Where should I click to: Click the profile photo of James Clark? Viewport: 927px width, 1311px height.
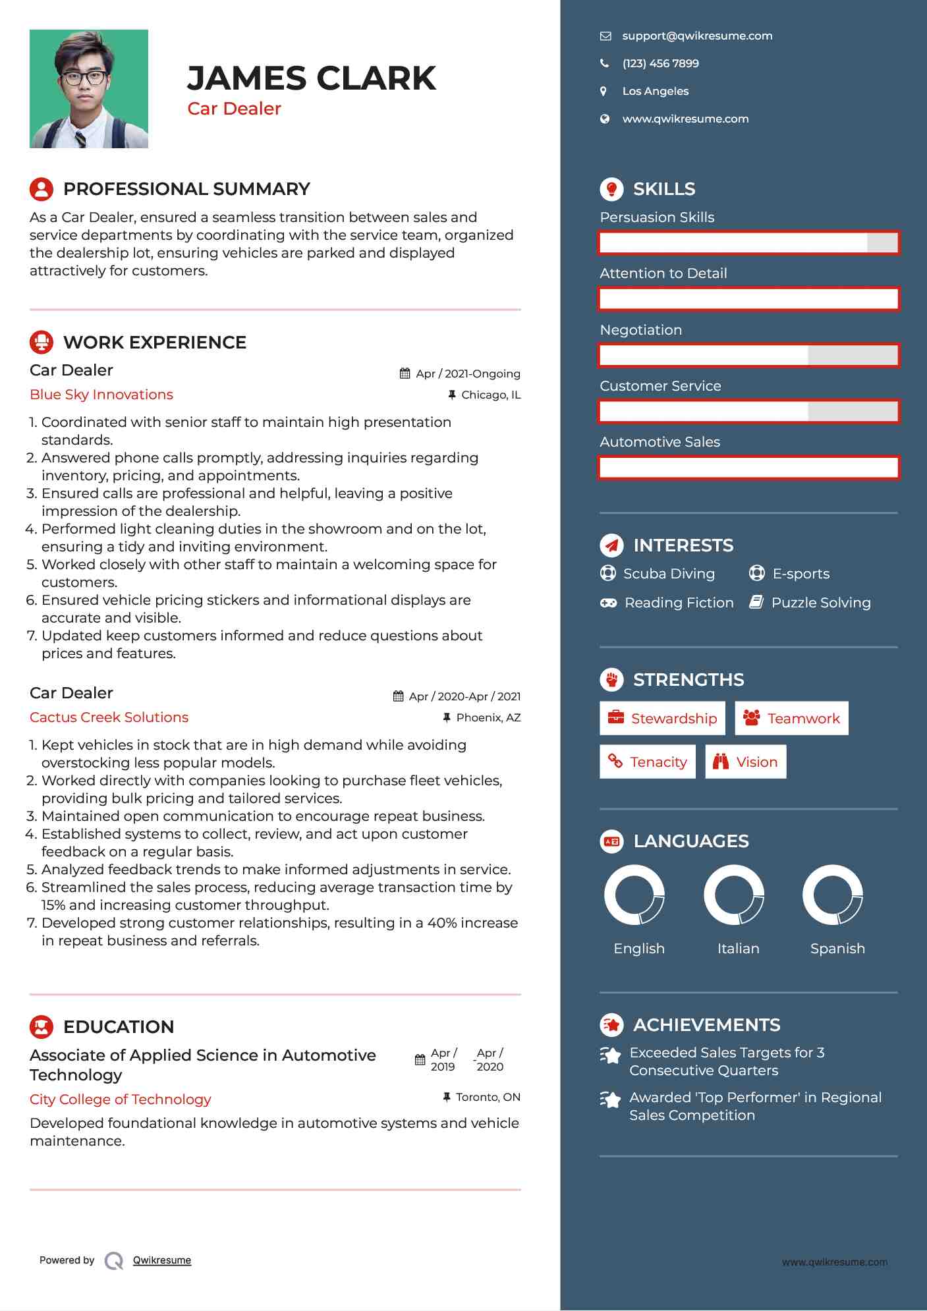(x=89, y=89)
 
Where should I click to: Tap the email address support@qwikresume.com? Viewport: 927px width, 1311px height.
(x=697, y=36)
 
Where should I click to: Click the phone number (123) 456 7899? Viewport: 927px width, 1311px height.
(x=660, y=64)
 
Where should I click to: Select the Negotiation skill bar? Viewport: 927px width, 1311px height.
(x=748, y=356)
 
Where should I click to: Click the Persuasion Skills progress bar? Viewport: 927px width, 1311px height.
(x=748, y=243)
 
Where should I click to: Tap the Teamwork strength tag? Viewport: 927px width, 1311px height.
(x=791, y=719)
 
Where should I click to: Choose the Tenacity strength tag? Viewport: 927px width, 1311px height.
(x=648, y=762)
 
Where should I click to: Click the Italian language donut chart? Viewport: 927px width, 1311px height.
(x=734, y=895)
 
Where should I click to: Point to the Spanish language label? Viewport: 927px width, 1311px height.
(x=837, y=949)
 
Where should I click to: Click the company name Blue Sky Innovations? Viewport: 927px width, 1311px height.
(x=101, y=395)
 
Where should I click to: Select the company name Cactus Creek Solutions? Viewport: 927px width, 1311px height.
(x=109, y=717)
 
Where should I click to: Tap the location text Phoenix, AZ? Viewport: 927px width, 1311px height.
(x=488, y=717)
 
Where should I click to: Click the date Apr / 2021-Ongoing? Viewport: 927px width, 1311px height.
(x=468, y=374)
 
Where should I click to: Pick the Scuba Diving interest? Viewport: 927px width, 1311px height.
(x=669, y=574)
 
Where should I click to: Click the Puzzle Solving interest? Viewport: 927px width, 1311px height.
(x=821, y=603)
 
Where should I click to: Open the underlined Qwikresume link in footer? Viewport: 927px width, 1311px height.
(x=162, y=1260)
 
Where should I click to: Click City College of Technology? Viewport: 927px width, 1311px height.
(x=121, y=1100)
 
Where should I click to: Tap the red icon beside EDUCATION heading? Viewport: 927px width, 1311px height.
(x=42, y=1027)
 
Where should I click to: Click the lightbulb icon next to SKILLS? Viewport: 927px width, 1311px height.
(x=611, y=189)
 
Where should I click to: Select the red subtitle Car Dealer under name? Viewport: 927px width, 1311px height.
(x=234, y=109)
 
